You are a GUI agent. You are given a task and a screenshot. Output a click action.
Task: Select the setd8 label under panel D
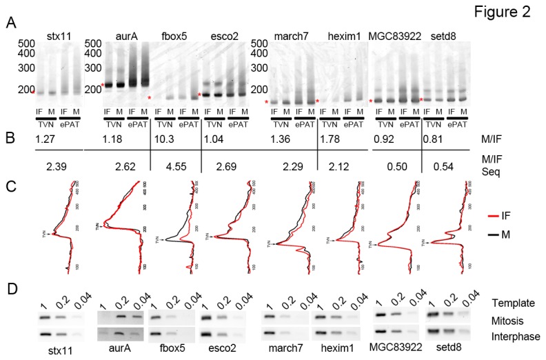pyautogui.click(x=444, y=348)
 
